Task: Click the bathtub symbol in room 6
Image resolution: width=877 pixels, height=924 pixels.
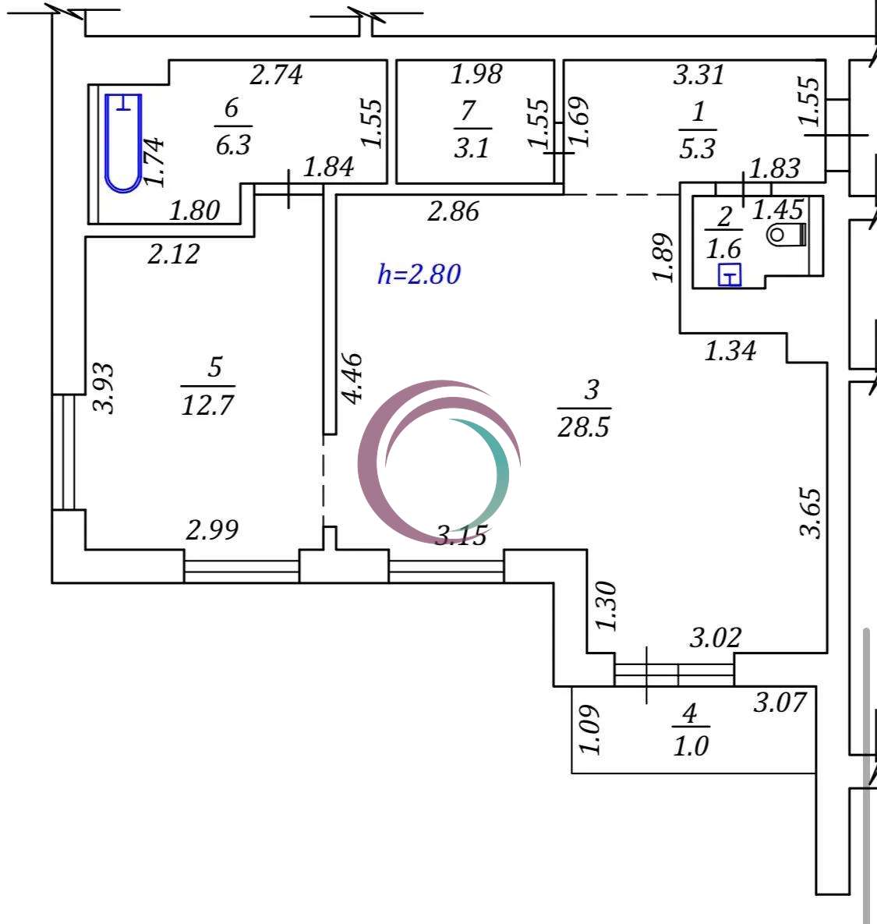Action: [x=123, y=143]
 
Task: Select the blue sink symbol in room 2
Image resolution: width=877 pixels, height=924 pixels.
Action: [x=729, y=275]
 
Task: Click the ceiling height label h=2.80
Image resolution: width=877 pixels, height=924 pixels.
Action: [x=419, y=274]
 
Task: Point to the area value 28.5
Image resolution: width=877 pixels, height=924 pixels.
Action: [x=583, y=427]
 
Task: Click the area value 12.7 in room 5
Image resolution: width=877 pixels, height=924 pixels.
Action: [x=207, y=405]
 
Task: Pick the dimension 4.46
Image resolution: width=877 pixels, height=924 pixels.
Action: [x=352, y=378]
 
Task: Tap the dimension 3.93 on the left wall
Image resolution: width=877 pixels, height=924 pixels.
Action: [x=104, y=388]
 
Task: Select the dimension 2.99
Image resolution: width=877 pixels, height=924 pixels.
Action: [x=212, y=530]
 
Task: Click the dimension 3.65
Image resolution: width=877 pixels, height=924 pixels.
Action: [x=811, y=512]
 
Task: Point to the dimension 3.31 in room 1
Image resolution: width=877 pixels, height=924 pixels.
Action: [x=698, y=75]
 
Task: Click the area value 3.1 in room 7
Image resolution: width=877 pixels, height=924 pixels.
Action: [x=472, y=147]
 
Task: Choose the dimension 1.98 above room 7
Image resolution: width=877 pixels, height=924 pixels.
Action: [x=476, y=75]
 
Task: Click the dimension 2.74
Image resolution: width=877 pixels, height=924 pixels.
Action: [x=275, y=75]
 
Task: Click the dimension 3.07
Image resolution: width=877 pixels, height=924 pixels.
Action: [x=779, y=703]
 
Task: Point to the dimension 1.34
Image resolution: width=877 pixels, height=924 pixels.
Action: [x=730, y=351]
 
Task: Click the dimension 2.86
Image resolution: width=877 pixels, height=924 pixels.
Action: [x=453, y=211]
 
